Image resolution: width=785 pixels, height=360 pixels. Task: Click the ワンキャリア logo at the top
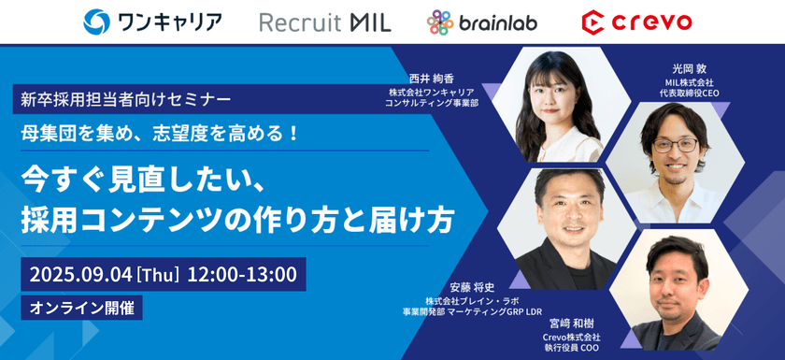(x=152, y=22)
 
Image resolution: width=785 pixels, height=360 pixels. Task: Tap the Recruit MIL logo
(x=325, y=22)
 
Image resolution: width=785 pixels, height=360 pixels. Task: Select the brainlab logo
(x=481, y=22)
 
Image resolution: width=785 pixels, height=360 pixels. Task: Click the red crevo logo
(x=636, y=22)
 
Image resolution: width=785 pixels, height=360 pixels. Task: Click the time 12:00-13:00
(x=242, y=274)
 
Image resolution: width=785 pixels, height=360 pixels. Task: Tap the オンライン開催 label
(x=81, y=309)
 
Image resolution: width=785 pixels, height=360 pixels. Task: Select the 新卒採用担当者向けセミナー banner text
(x=126, y=100)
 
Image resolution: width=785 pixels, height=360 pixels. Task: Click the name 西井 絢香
(x=432, y=79)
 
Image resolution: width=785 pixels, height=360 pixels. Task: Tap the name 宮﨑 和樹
(x=572, y=324)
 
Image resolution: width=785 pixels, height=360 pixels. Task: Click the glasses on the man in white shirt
(x=676, y=146)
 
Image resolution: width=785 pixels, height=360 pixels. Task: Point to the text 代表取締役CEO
(x=690, y=94)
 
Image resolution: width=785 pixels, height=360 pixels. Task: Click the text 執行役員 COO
(x=571, y=348)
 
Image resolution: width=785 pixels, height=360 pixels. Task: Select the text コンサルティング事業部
(x=432, y=103)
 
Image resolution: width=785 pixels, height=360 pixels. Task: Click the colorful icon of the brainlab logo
(x=440, y=22)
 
